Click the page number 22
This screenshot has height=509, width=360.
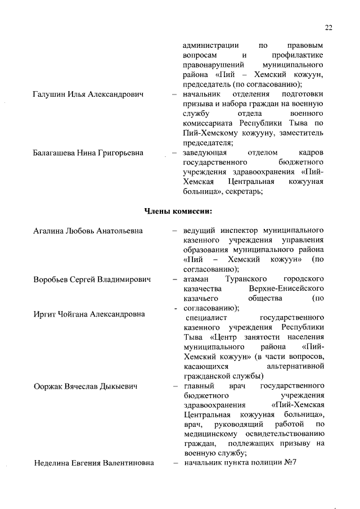coord(329,27)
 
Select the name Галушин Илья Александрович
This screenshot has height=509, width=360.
coord(88,94)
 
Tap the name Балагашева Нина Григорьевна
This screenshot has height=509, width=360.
coord(88,153)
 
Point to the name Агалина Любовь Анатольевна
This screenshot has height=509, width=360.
coord(88,231)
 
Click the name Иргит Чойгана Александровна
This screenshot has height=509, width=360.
coord(89,314)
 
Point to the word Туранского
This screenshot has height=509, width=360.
coord(245,279)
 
